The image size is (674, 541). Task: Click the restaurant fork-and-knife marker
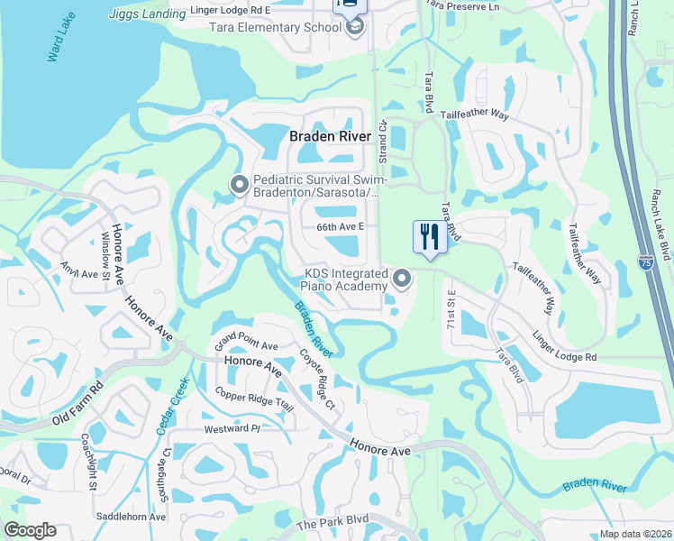pyautogui.click(x=429, y=237)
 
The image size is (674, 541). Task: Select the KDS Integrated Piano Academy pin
pyautogui.click(x=402, y=280)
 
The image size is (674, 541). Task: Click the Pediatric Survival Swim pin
pyautogui.click(x=240, y=185)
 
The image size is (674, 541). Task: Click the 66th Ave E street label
pyautogui.click(x=339, y=227)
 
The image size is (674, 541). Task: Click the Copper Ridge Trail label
pyautogui.click(x=255, y=399)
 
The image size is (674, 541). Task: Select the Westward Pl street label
pyautogui.click(x=232, y=429)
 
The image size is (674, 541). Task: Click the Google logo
pyautogui.click(x=30, y=530)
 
